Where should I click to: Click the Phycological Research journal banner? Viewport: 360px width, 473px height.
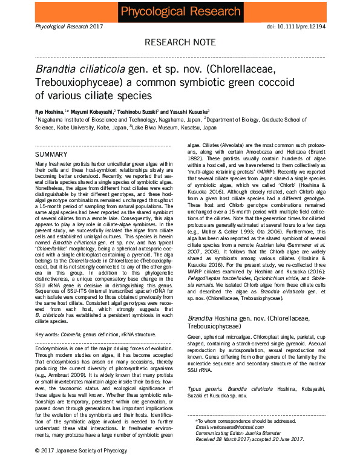tap(180, 11)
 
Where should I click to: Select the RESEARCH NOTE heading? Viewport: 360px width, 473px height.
tap(180, 42)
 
